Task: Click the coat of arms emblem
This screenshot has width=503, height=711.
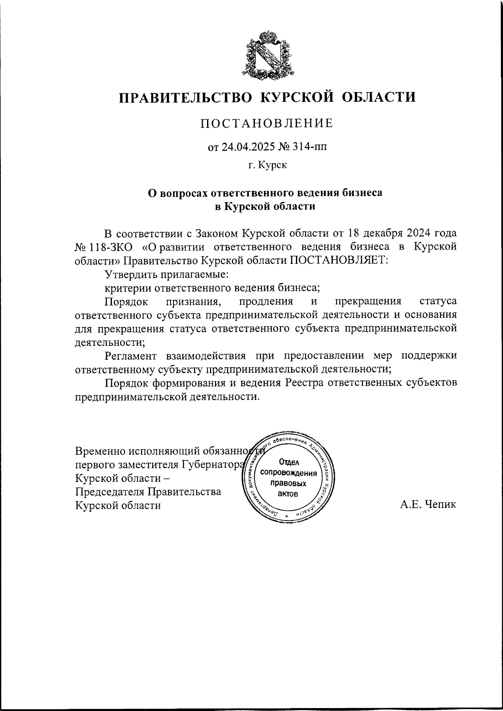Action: coord(267,54)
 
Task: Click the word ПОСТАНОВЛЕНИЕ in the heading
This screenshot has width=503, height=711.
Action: coord(267,123)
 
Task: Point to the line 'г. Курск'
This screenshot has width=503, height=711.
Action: coord(267,165)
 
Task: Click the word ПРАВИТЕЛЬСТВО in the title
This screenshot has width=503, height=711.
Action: coord(185,98)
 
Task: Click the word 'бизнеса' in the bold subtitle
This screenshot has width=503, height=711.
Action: coord(361,193)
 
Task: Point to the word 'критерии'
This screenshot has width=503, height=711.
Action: coord(128,288)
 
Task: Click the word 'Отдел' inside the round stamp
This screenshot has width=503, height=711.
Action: coord(288,463)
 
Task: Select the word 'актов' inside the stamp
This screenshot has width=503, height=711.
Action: coord(288,494)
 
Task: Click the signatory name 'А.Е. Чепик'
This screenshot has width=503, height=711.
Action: coord(428,505)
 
